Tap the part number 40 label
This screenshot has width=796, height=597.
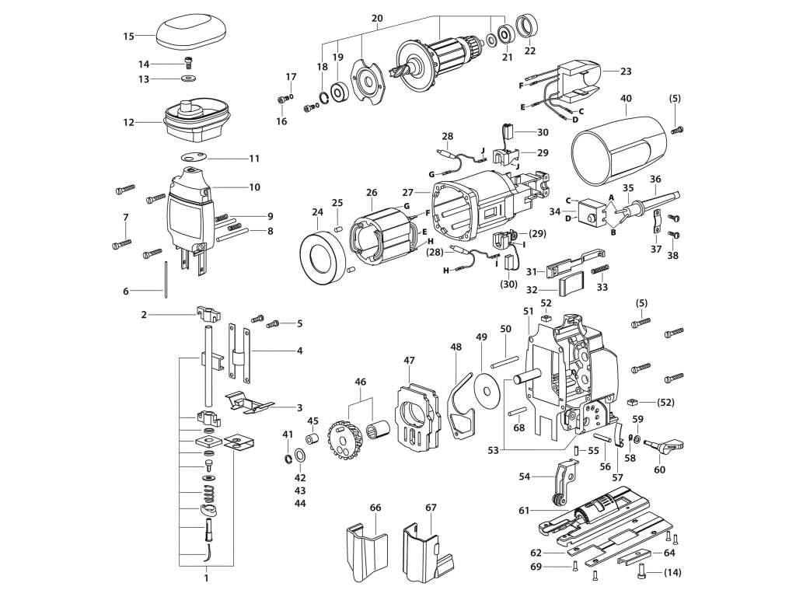pyautogui.click(x=626, y=98)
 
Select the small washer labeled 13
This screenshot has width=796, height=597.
pyautogui.click(x=190, y=79)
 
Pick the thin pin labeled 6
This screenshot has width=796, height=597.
pyautogui.click(x=166, y=281)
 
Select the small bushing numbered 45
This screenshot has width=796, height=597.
pyautogui.click(x=312, y=438)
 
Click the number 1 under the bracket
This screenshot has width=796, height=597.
pyautogui.click(x=206, y=578)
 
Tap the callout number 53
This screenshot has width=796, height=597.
pyautogui.click(x=494, y=450)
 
